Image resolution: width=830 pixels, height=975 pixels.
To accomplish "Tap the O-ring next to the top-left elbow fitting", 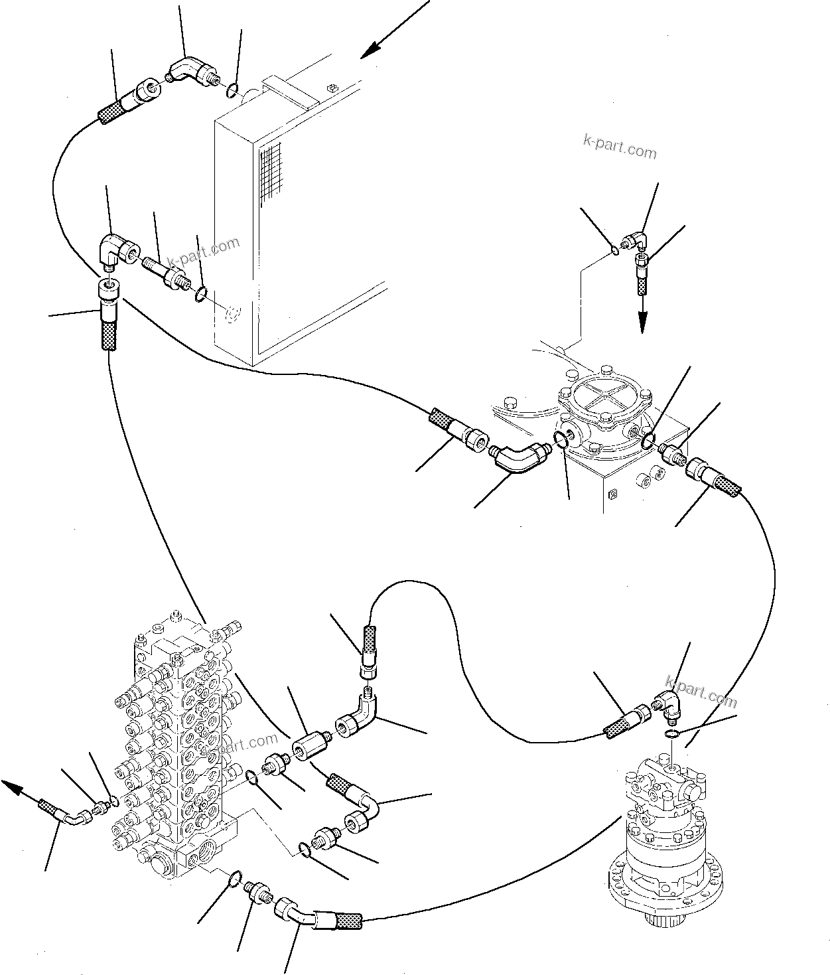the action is (230, 89).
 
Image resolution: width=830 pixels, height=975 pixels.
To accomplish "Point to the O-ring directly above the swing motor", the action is (672, 733).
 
